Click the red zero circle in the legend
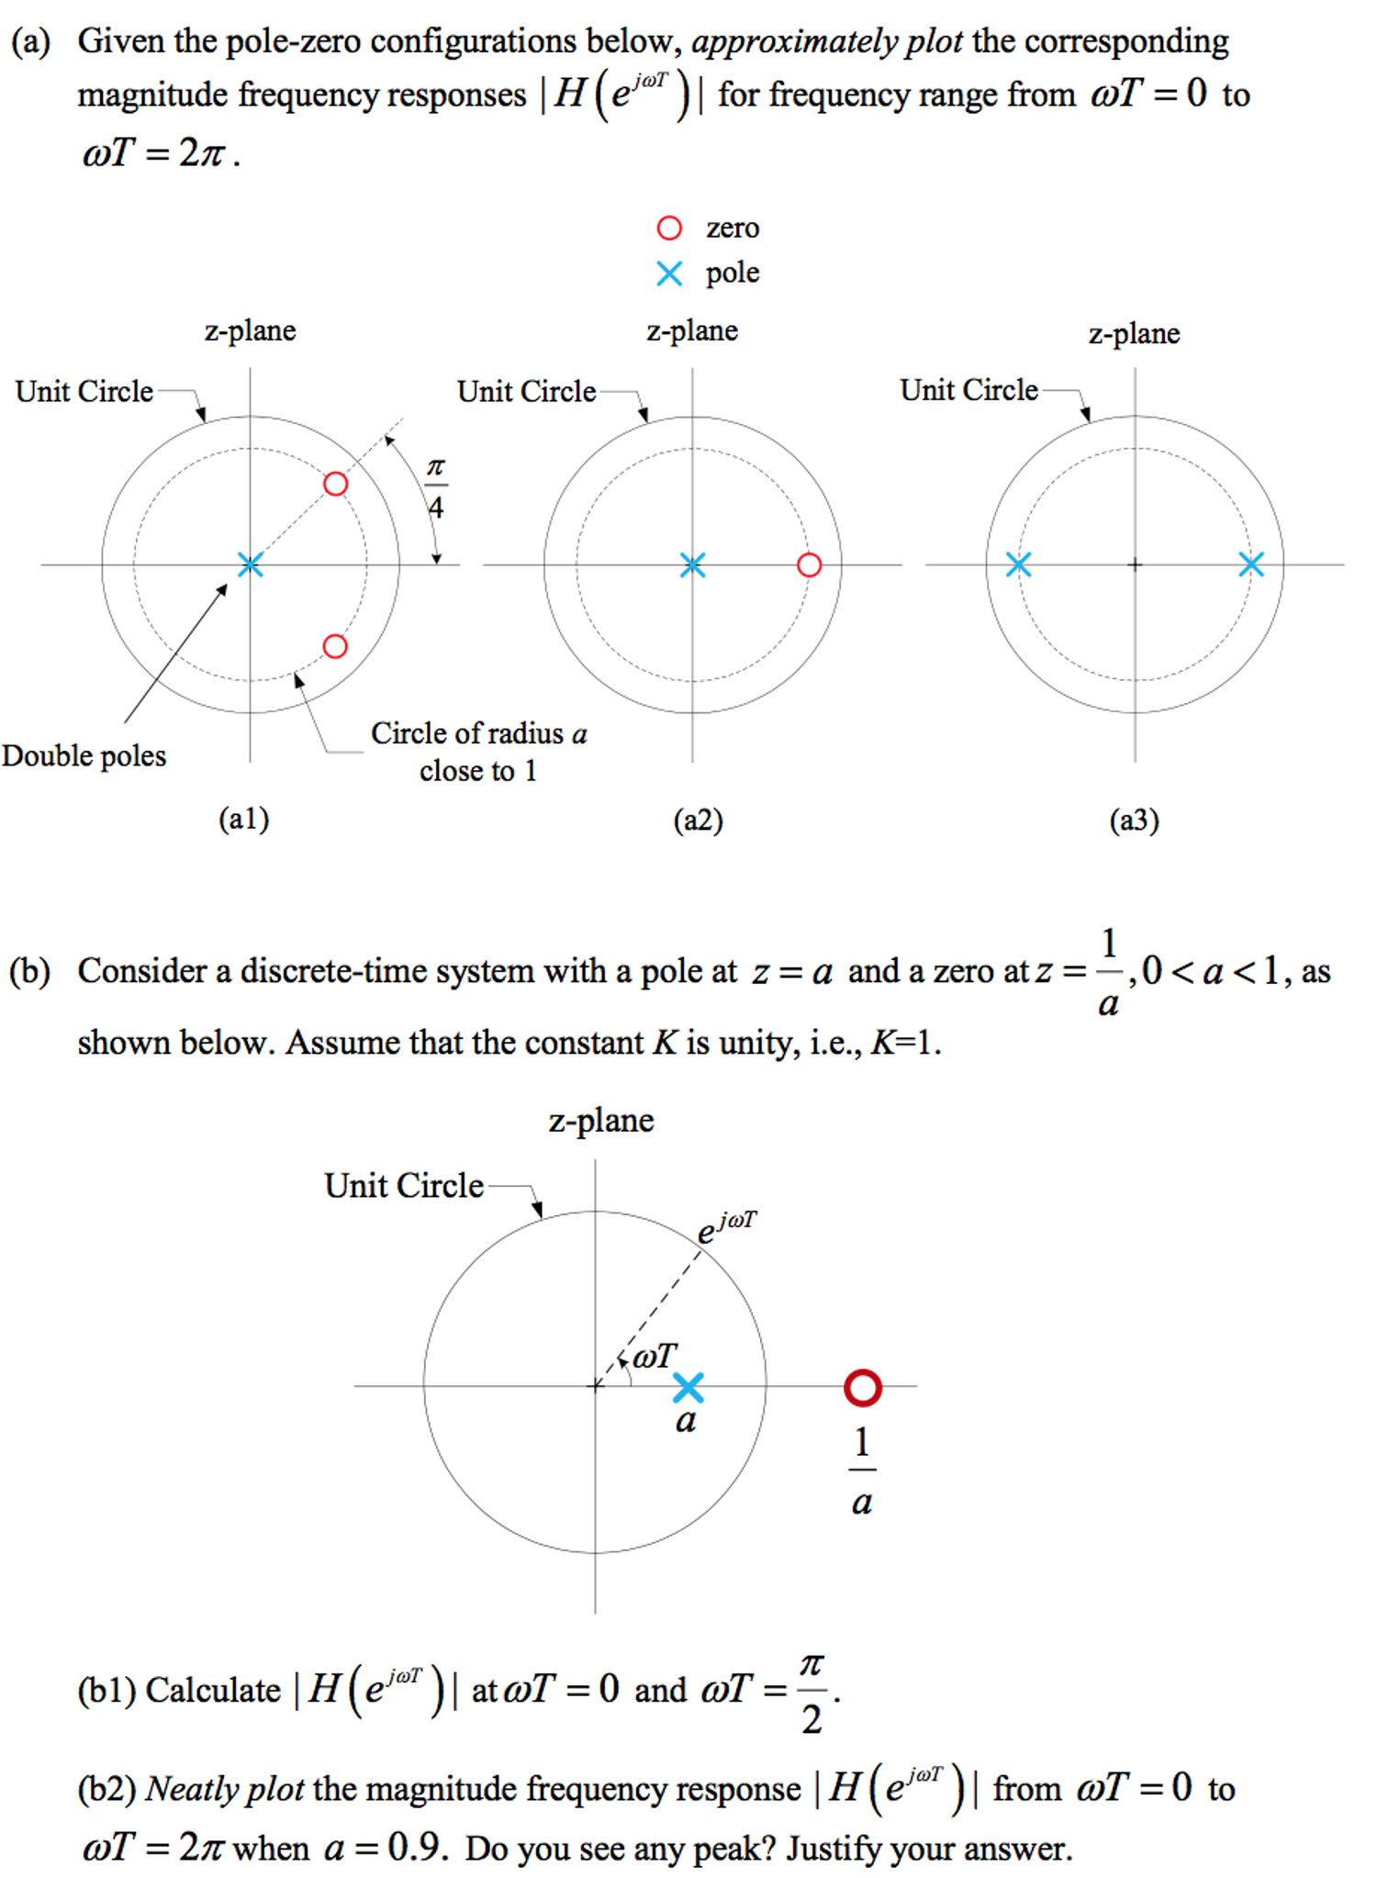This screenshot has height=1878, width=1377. point(669,228)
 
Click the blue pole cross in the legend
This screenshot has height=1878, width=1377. point(669,274)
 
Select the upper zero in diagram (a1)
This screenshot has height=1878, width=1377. point(336,484)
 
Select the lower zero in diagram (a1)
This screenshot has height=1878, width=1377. point(336,646)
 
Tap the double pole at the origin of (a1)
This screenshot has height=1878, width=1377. point(250,565)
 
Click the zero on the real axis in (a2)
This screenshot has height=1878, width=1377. point(809,565)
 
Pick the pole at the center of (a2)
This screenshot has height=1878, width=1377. point(692,565)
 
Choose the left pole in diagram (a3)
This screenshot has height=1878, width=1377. point(1018,565)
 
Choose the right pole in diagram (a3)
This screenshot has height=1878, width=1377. point(1251,565)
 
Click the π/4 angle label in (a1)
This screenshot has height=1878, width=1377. point(436,487)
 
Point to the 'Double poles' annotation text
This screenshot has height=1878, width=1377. point(84,755)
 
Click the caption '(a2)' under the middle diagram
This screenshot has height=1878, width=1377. point(698,819)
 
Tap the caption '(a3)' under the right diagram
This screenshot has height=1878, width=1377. point(1134,819)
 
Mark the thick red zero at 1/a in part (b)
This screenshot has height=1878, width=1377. point(862,1388)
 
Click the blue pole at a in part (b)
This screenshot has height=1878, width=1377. point(688,1387)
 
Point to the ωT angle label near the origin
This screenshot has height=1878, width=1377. point(655,1356)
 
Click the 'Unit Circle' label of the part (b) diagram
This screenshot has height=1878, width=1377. point(404,1185)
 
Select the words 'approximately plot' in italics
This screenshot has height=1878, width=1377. point(827,41)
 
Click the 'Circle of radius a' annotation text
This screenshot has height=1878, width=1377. point(478,733)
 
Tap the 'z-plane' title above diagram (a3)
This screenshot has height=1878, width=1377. point(1134,333)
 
